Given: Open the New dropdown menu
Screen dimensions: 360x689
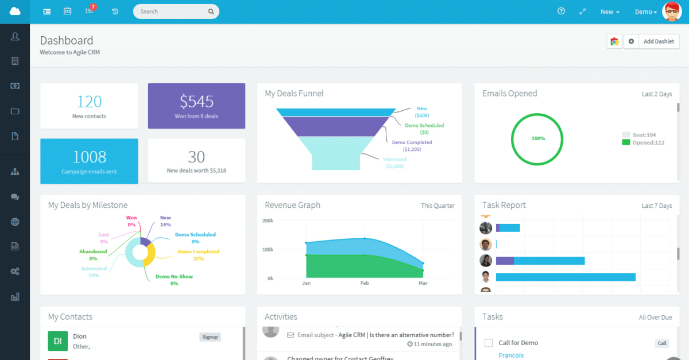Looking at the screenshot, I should click(x=609, y=12).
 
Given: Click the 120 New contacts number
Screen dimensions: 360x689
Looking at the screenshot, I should click(x=89, y=102).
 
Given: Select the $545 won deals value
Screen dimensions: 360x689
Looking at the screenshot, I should click(x=196, y=102).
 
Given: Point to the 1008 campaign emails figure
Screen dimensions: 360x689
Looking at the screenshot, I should click(x=89, y=157).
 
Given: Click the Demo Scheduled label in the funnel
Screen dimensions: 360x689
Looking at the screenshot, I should click(x=424, y=125).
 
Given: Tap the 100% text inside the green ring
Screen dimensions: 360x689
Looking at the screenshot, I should click(x=538, y=138).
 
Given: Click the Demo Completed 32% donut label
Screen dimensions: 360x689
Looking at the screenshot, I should click(x=198, y=251).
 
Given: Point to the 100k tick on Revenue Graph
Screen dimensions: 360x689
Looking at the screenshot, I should click(x=268, y=250).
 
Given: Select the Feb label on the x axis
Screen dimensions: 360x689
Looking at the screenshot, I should click(x=365, y=283).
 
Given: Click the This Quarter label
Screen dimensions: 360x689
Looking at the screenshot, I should click(x=437, y=206).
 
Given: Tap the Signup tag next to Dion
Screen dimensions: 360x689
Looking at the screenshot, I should click(x=210, y=337).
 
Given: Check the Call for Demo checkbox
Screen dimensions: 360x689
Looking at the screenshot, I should click(x=489, y=343).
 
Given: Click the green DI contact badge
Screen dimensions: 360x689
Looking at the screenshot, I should click(x=57, y=341).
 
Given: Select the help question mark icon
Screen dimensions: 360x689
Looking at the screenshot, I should click(x=561, y=11).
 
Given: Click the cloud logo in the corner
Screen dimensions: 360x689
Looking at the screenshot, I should click(x=15, y=11).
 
